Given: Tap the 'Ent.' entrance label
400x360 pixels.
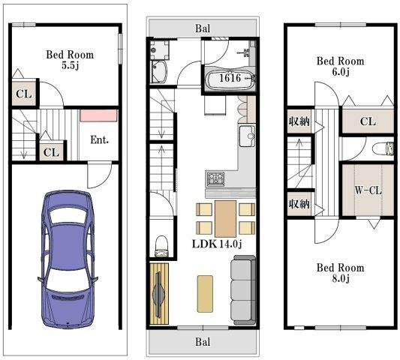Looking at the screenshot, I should pos(101,139).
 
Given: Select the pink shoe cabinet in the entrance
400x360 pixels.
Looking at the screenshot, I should pos(99,115).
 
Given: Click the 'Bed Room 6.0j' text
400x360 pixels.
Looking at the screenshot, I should pos(339,67).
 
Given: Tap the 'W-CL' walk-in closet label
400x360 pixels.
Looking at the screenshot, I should pos(368,190).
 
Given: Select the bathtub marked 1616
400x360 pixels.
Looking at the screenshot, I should pos(230,78).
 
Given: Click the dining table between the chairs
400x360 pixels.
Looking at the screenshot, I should pos(226,218).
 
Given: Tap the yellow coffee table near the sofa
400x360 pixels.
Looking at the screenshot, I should pos(205,293).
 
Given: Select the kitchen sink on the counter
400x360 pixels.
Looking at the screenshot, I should pos(247,137).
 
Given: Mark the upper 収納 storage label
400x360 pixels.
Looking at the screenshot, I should pos(299,122).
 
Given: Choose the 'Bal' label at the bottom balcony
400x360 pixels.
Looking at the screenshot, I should pos(203,342).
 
